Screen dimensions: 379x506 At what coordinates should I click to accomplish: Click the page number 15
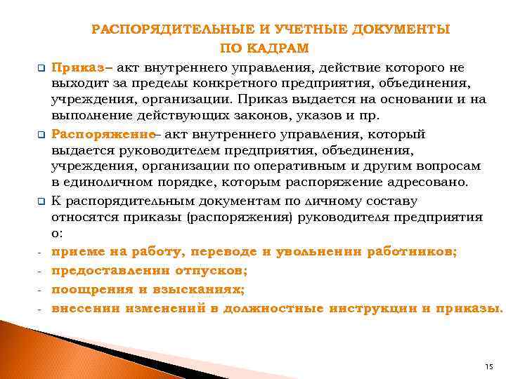(x=490, y=367)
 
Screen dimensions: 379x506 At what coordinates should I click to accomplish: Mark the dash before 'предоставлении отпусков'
(x=41, y=270)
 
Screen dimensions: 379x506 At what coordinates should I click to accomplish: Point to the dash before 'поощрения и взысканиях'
(x=41, y=289)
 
